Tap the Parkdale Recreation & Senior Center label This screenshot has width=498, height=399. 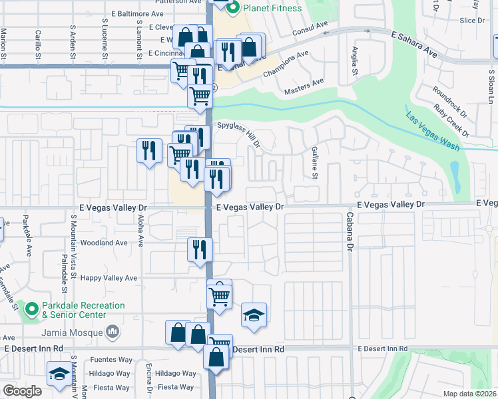[x=83, y=310]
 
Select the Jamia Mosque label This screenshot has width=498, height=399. [x=73, y=332]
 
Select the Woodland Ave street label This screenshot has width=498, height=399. [x=103, y=243]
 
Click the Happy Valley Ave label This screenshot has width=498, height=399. [x=109, y=278]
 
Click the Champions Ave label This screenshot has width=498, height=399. [x=286, y=64]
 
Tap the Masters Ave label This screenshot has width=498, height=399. [x=304, y=86]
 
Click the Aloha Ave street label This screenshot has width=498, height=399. [x=140, y=230]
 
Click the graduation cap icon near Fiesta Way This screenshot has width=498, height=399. [x=59, y=374]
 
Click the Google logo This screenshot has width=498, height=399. [x=22, y=391]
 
